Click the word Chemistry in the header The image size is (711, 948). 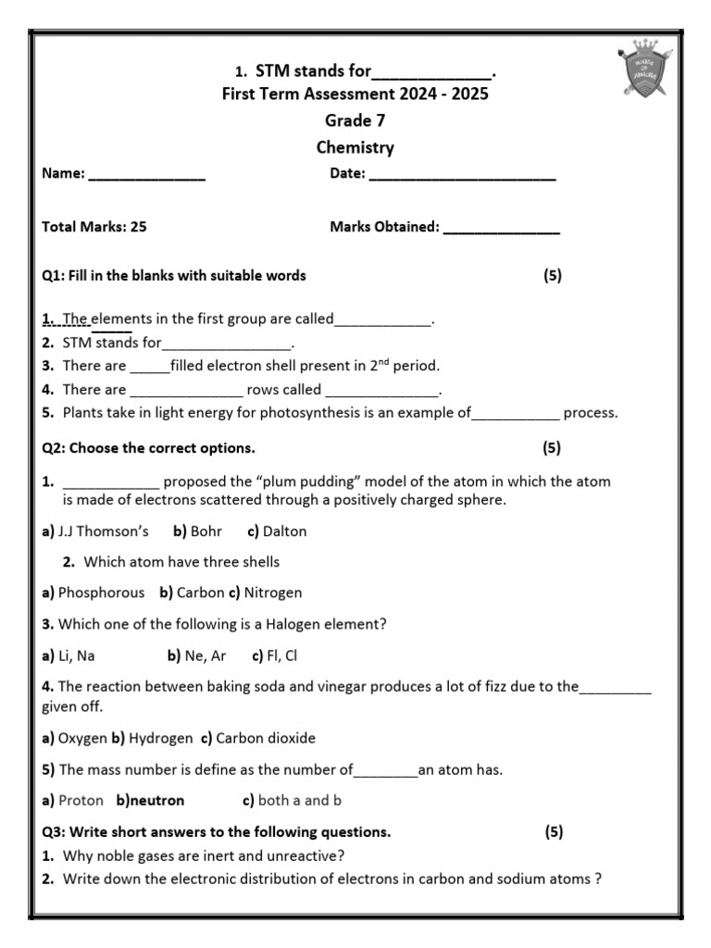coord(355,147)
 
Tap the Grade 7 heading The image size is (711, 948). coord(355,120)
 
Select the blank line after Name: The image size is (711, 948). coord(146,174)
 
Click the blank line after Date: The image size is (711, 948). coord(462,174)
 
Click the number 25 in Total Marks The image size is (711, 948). coord(139,227)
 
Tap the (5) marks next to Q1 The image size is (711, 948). coord(553,275)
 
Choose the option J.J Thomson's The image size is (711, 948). coord(103,531)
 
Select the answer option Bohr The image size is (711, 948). coord(206,531)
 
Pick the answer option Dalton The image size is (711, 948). coord(284,531)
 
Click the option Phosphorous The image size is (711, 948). coord(101,592)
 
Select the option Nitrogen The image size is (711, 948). coord(272,592)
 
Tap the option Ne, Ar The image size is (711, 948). coord(206,655)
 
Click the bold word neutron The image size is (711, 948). coord(157,800)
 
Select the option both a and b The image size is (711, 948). coord(300,800)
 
